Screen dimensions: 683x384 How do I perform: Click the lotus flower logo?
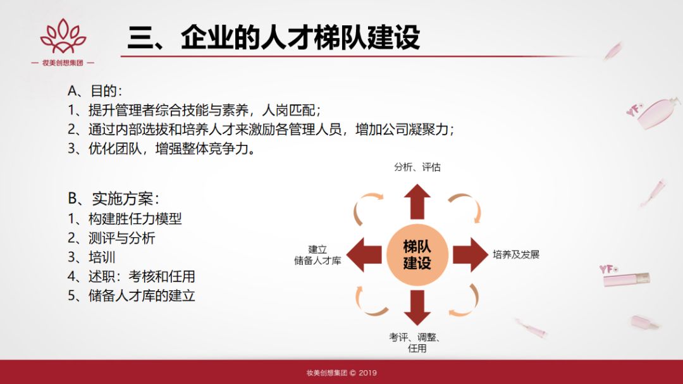(x=63, y=35)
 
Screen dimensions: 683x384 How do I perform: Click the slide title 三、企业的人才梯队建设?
(x=274, y=37)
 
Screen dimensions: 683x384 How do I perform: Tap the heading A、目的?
(x=95, y=90)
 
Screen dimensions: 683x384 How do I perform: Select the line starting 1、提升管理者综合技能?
(x=194, y=110)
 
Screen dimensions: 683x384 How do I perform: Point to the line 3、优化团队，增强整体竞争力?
(x=162, y=149)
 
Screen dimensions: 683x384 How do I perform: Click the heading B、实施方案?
(x=114, y=199)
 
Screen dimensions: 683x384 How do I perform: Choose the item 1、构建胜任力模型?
(x=125, y=218)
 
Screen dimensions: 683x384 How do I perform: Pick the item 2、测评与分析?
(x=111, y=238)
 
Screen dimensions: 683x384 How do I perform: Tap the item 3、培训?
(x=92, y=257)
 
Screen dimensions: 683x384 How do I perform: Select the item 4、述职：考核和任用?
(x=132, y=276)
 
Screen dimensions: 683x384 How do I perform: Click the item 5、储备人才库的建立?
(x=132, y=295)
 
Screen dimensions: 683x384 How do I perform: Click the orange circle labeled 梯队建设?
(x=417, y=255)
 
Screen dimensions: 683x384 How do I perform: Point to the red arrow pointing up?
(x=417, y=201)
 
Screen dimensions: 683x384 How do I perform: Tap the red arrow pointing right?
(x=471, y=255)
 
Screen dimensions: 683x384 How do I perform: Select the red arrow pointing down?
(x=417, y=307)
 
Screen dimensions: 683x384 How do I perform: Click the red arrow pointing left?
(x=364, y=255)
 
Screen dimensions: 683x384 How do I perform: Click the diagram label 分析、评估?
(x=417, y=167)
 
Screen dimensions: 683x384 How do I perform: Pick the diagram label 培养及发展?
(x=516, y=254)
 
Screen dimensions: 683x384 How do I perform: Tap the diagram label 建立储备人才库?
(x=317, y=255)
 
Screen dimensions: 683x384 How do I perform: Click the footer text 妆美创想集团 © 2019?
(x=341, y=373)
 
